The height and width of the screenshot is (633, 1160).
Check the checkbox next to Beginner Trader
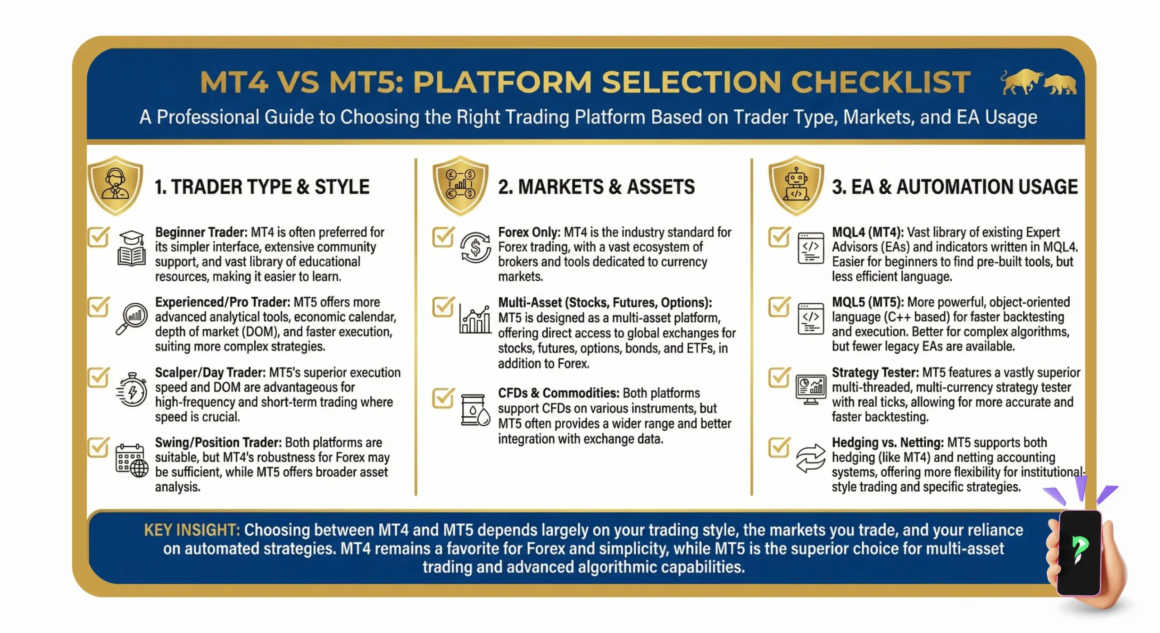point(98,237)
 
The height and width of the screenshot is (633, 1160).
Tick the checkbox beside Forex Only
point(443,237)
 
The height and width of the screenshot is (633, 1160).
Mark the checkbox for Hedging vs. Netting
point(779,447)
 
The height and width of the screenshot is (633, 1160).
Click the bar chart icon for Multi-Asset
point(475,319)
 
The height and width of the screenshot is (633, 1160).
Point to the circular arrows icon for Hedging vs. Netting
point(811,458)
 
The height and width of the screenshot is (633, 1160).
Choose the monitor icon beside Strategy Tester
point(811,389)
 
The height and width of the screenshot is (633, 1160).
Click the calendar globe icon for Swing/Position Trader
point(131,461)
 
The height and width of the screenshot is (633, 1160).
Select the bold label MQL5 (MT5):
point(867,302)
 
